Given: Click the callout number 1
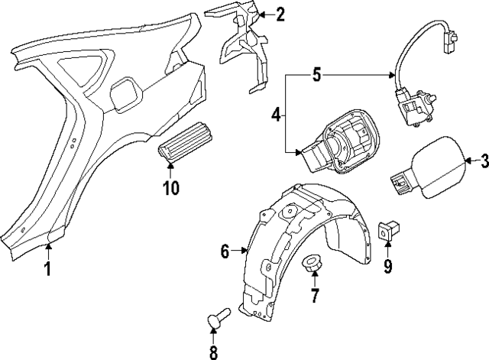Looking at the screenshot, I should click(47, 268).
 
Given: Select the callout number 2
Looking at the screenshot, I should click(280, 14).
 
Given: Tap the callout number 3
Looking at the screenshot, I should click(482, 161).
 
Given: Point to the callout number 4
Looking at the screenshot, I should click(276, 115).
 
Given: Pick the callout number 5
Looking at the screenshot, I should click(316, 75).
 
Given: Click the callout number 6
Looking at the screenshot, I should click(225, 250).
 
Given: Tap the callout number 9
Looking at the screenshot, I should click(387, 265).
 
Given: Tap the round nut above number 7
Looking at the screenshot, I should click(311, 264).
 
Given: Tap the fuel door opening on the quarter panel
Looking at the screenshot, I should click(125, 96).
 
